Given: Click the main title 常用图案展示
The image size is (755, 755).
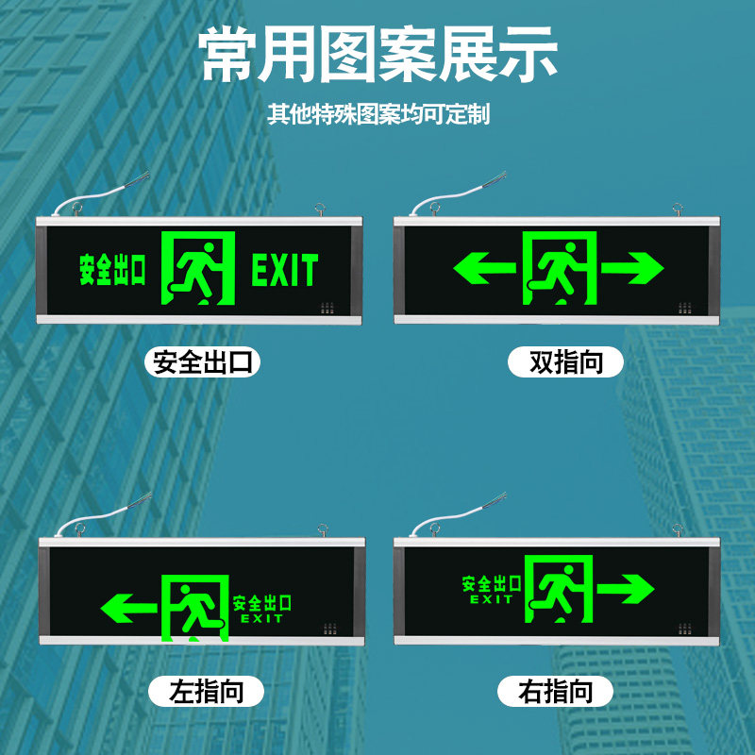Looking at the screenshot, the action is coord(378,56).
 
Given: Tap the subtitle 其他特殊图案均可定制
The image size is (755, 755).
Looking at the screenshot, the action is coord(377,115).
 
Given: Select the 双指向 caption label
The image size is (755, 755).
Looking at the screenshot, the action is coord(566,362).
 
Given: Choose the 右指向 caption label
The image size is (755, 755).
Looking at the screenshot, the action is coord(556,692).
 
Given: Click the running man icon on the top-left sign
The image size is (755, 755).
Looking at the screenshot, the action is coord(198,268).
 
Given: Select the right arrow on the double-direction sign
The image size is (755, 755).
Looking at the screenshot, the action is coord(633,270).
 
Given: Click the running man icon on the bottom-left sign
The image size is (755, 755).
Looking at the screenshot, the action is coord(195,607).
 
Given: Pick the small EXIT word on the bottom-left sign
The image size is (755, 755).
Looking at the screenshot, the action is coord(261,619).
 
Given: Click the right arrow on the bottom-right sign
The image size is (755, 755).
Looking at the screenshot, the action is coord(625,590).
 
